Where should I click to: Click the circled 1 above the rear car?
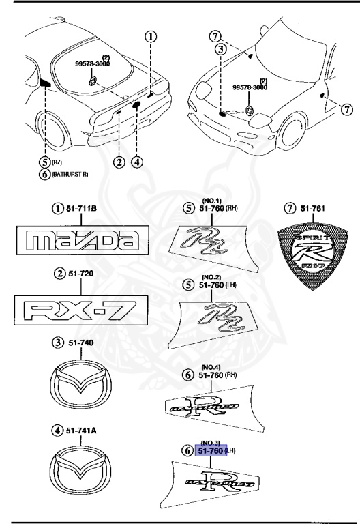coord(151,37)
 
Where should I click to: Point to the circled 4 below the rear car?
coord(138,162)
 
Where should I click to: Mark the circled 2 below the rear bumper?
coord(119,162)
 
